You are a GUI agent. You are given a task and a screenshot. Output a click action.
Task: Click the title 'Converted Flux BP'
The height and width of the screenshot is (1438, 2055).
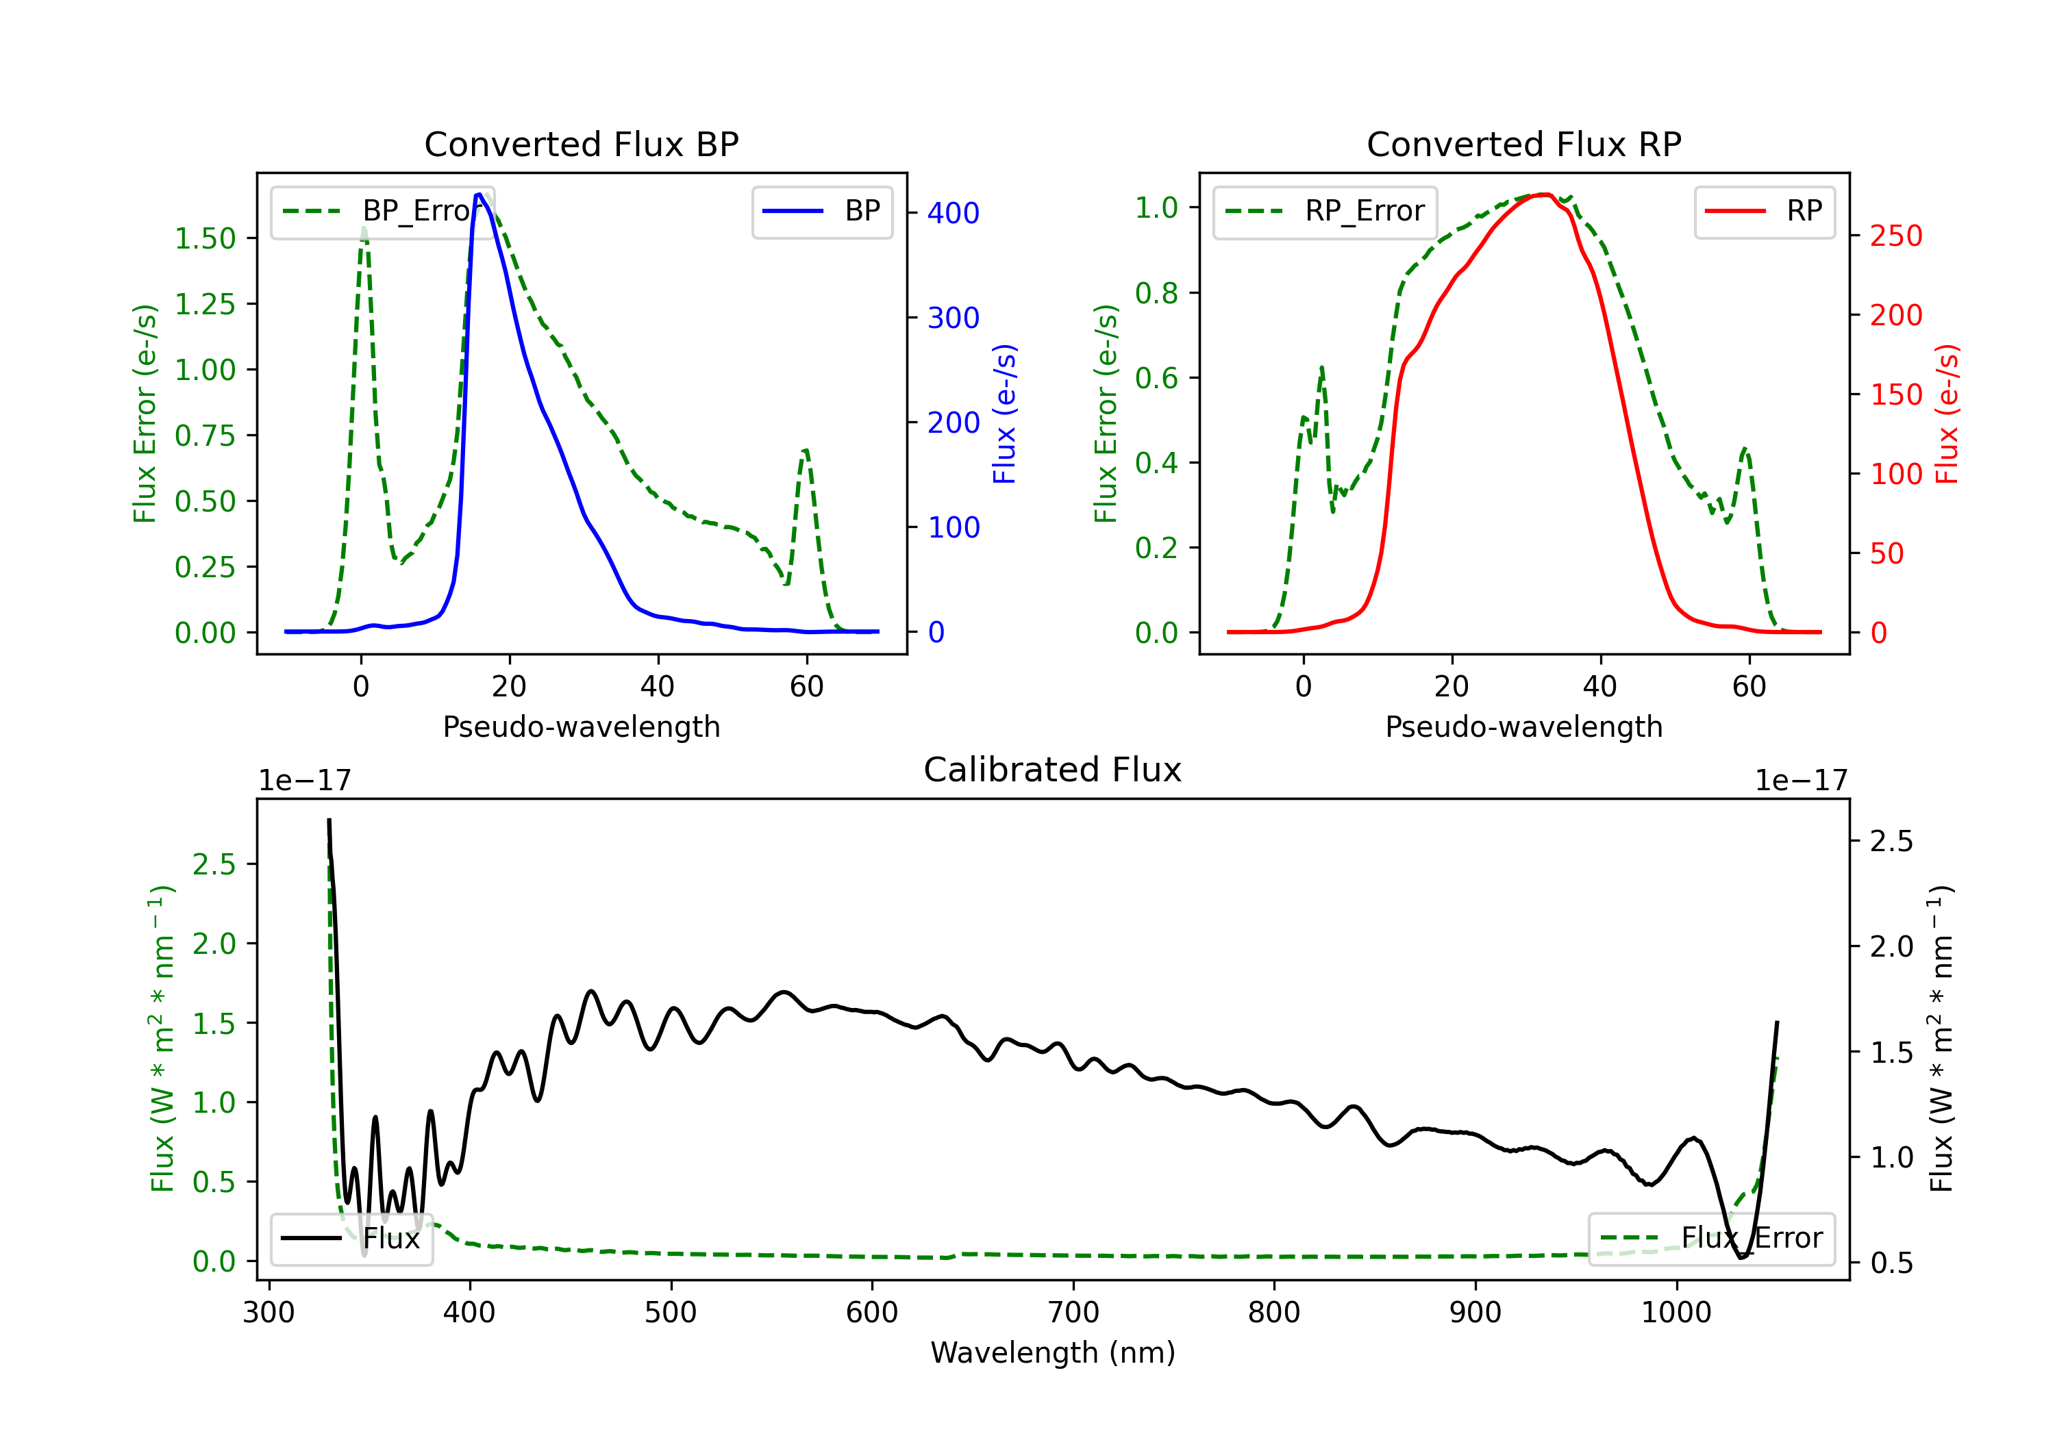coord(581,144)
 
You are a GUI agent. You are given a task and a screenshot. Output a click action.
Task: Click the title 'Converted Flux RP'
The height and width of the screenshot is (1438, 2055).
coord(1523,144)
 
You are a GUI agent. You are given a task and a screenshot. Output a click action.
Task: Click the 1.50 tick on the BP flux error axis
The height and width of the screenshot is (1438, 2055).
coord(205,238)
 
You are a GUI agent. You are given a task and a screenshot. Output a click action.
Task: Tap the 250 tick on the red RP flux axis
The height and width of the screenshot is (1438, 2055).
coord(1895,236)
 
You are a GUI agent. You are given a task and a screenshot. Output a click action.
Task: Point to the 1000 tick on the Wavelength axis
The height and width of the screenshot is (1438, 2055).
coord(1676,1313)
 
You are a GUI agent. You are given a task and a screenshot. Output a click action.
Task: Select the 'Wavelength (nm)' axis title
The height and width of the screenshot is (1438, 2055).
coord(1053,1352)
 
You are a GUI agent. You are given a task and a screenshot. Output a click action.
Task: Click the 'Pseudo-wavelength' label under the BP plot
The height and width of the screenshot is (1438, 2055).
coord(581,727)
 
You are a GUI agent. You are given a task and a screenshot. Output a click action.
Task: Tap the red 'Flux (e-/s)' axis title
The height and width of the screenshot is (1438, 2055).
coord(1947,414)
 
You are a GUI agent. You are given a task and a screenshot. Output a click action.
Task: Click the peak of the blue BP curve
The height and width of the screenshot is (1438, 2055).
coord(479,194)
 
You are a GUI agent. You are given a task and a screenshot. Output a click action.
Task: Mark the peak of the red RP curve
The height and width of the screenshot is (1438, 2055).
coord(1545,194)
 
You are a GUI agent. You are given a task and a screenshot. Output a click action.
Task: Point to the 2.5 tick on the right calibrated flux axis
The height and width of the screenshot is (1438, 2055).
coord(1891,841)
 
